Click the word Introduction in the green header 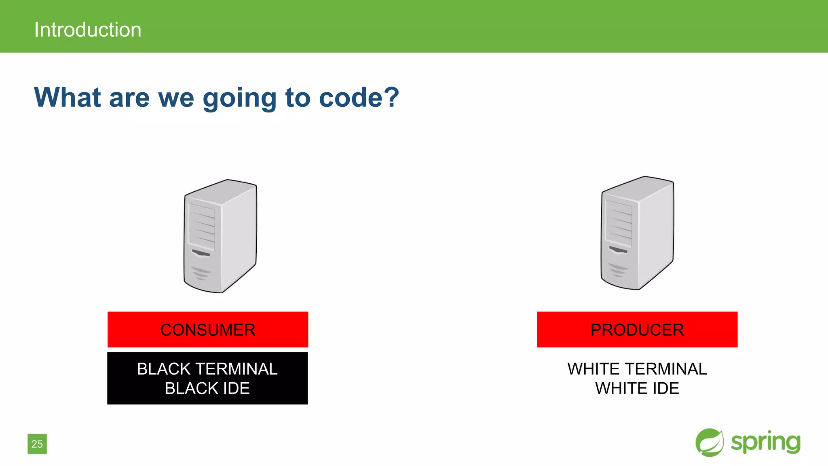tap(88, 30)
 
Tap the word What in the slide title tap(68, 97)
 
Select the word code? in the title tap(359, 97)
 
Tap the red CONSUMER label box tap(208, 329)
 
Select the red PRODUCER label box tap(637, 329)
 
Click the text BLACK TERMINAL tap(207, 369)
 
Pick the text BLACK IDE tap(207, 388)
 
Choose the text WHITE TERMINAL tap(637, 369)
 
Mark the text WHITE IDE tap(637, 388)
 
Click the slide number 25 tap(37, 444)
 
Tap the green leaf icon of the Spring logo tap(710, 443)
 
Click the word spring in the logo tap(766, 443)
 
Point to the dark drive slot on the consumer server tap(201, 253)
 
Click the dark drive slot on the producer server tap(618, 250)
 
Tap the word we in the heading tap(176, 98)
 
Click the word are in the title tap(129, 98)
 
